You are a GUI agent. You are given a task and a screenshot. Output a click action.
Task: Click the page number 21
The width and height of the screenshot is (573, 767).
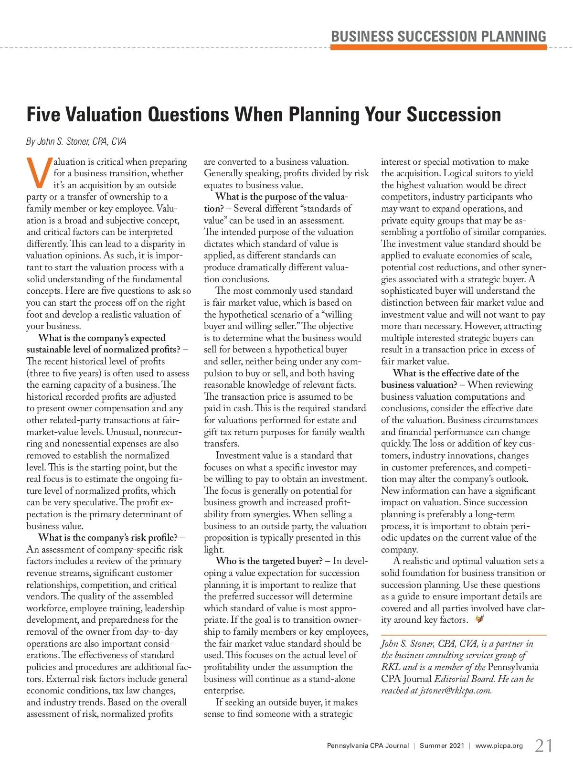[x=544, y=746]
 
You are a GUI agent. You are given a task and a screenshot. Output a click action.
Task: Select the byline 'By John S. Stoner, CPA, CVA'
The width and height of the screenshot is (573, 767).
[x=76, y=141]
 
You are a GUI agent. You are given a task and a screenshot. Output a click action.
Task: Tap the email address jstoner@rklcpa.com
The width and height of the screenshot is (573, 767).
[x=455, y=691]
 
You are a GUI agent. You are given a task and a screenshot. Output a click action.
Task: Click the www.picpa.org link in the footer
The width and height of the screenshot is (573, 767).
[x=499, y=746]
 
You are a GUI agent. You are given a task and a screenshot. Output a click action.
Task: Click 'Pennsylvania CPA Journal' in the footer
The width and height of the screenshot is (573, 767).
[x=368, y=746]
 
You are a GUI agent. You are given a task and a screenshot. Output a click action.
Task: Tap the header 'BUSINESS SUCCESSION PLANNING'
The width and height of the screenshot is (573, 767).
[x=438, y=37]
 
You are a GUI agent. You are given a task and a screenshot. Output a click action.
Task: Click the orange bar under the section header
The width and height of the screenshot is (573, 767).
[x=438, y=47]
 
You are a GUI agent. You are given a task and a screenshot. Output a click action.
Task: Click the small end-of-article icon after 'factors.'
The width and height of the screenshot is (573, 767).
[x=480, y=619]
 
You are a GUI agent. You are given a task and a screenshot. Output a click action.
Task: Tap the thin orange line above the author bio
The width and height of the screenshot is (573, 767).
[x=463, y=635]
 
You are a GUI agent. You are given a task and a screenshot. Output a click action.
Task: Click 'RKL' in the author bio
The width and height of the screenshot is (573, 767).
[x=391, y=667]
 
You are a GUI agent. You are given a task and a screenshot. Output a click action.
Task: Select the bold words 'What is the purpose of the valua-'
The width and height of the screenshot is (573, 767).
[x=282, y=197]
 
